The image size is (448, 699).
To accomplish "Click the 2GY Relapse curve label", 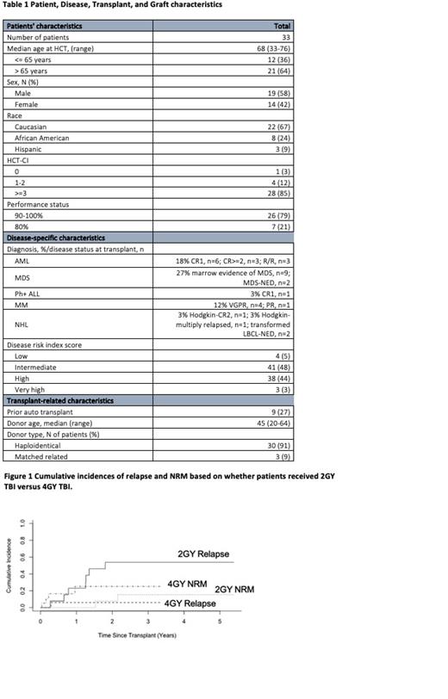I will [x=202, y=554].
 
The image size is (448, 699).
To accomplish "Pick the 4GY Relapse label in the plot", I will [x=190, y=603].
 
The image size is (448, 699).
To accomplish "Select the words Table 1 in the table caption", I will [x=18, y=7].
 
